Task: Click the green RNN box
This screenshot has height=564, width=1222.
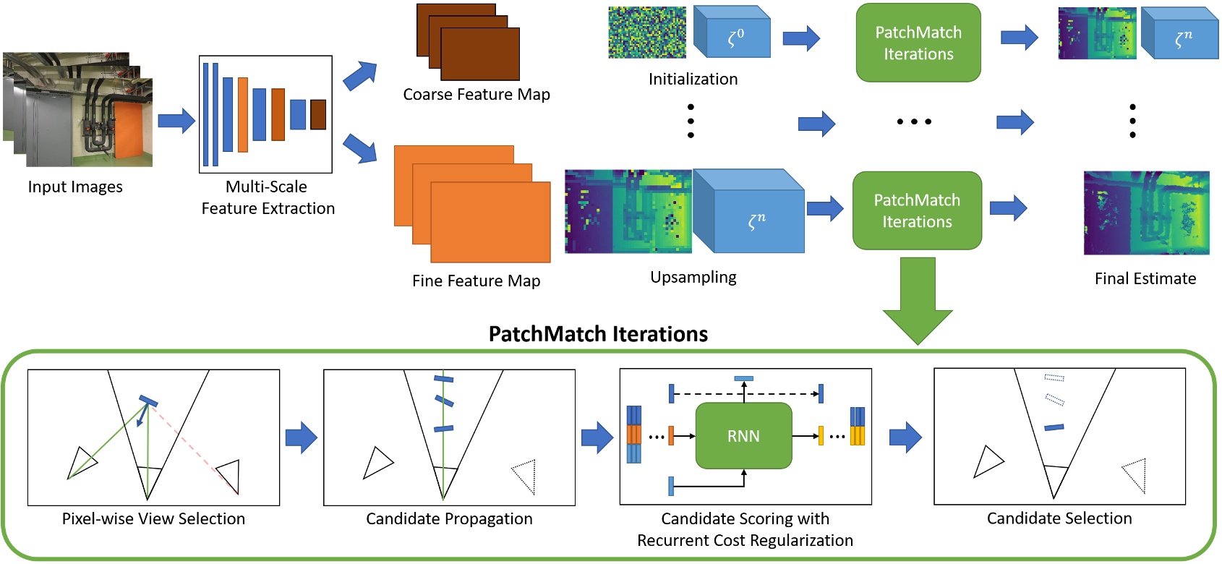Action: pyautogui.click(x=743, y=436)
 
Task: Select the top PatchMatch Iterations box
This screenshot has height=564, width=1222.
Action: pyautogui.click(x=918, y=43)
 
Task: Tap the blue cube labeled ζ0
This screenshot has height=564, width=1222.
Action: pyautogui.click(x=732, y=33)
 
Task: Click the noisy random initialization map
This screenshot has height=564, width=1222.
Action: pyautogui.click(x=646, y=33)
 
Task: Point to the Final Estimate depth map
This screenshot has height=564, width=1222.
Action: pyautogui.click(x=1146, y=213)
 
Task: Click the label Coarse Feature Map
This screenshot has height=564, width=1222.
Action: pyautogui.click(x=477, y=95)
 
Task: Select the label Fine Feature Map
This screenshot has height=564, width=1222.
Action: pyautogui.click(x=476, y=281)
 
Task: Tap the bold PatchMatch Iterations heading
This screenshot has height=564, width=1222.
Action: pyautogui.click(x=598, y=334)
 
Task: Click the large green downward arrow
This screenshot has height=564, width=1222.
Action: pyautogui.click(x=917, y=300)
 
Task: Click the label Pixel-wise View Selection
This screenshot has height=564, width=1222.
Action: pyautogui.click(x=153, y=518)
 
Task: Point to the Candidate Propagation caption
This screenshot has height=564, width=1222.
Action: pyautogui.click(x=449, y=518)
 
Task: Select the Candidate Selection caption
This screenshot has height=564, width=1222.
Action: pyautogui.click(x=1059, y=518)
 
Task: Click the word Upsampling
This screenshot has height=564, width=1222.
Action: pyautogui.click(x=693, y=277)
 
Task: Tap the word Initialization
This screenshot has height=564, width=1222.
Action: pyautogui.click(x=693, y=80)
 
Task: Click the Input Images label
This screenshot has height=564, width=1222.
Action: pyautogui.click(x=75, y=187)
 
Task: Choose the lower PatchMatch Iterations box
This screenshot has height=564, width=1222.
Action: pyautogui.click(x=917, y=210)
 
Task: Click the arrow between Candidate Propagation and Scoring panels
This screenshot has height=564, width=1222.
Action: pyautogui.click(x=597, y=437)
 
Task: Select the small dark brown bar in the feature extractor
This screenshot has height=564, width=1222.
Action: pyautogui.click(x=318, y=114)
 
